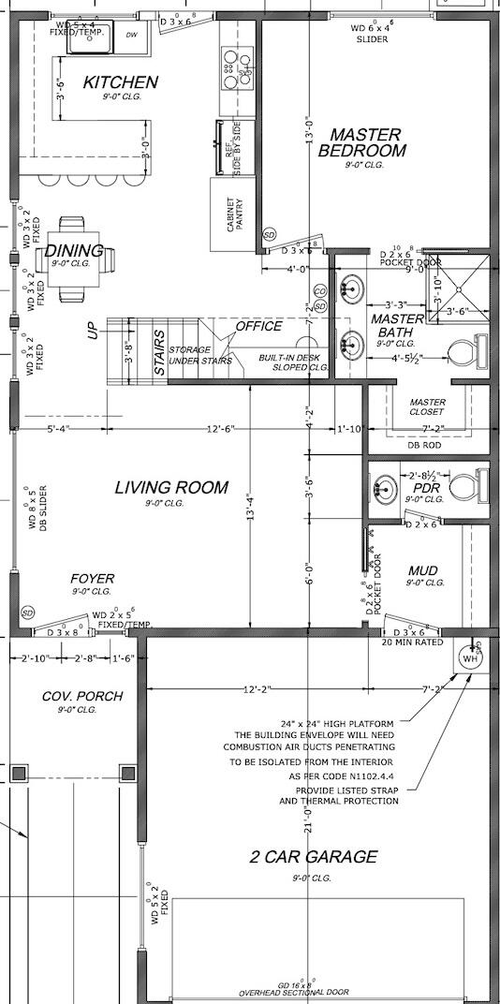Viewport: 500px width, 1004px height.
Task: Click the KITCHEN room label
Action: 120,82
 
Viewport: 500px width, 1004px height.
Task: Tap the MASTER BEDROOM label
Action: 363,142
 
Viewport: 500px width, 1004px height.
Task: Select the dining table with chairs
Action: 72,259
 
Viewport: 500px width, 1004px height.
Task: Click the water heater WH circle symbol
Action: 469,658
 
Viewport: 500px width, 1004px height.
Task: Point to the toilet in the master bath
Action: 464,352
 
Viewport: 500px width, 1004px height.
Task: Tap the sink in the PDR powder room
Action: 386,487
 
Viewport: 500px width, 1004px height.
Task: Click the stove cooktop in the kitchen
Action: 231,66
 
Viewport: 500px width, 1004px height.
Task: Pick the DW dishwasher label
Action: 132,35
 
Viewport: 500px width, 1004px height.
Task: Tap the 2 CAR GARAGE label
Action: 314,856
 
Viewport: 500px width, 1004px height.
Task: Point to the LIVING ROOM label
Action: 171,487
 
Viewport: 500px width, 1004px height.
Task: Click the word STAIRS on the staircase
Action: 159,353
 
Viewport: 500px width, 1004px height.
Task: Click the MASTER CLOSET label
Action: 427,407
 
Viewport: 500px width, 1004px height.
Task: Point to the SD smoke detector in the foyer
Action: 28,613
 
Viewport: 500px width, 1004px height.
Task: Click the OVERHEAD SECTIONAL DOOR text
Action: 294,992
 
